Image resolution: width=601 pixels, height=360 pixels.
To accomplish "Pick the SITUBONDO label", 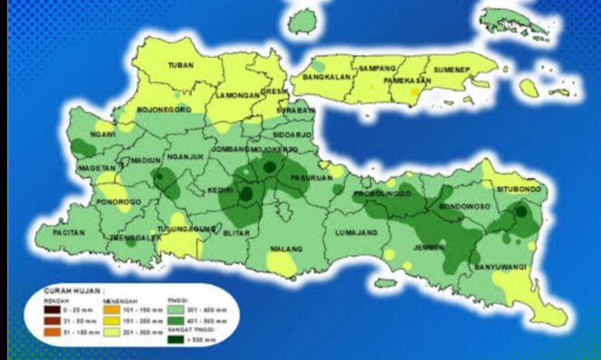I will click(520, 189).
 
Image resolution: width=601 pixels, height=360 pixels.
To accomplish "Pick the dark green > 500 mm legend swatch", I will click(176, 343).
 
